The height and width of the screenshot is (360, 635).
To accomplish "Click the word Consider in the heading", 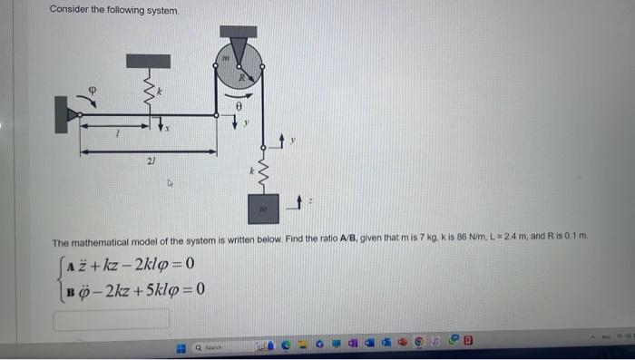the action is click(x=70, y=10).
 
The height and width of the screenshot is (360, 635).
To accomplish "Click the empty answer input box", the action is click(x=112, y=318).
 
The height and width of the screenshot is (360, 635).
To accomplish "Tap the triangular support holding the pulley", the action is click(x=239, y=50).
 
